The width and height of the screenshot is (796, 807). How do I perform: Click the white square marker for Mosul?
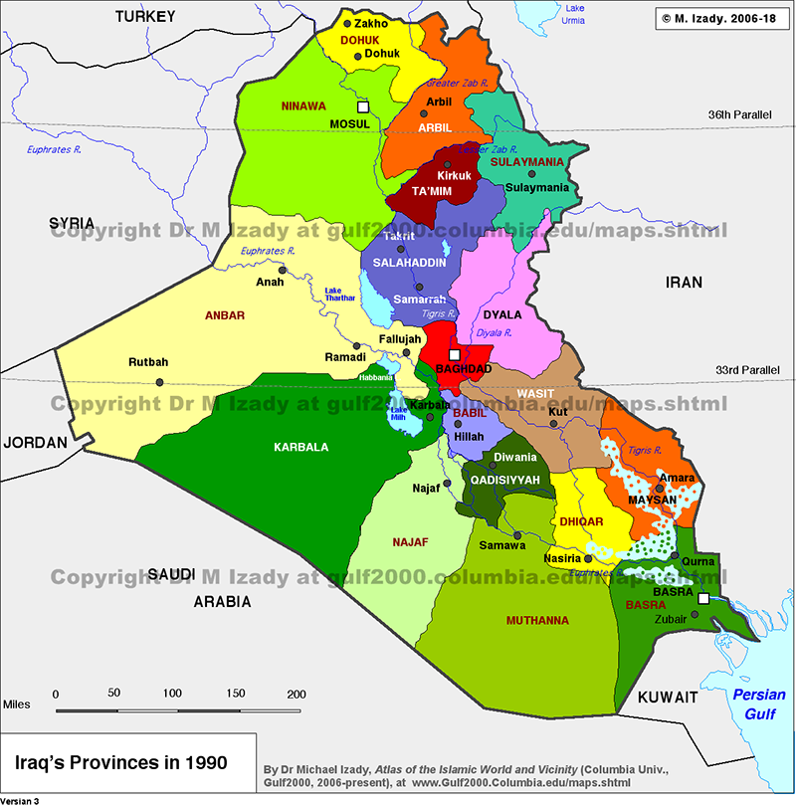363,105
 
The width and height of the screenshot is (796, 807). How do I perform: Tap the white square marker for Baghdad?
454,354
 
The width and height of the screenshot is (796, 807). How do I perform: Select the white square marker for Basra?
703,599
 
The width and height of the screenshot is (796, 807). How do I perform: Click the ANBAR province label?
224,315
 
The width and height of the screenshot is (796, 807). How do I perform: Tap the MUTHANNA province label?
537,620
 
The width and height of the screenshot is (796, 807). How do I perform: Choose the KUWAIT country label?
668,698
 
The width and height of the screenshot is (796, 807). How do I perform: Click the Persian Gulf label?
759,704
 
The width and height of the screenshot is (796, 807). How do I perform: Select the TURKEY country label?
144,16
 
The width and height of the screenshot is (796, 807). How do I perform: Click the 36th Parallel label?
739,114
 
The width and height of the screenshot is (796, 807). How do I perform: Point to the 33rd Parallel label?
747,370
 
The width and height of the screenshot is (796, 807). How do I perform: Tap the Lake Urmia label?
575,14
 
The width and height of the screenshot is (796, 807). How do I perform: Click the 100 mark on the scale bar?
172,693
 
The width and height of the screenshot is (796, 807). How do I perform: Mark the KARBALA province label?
300,447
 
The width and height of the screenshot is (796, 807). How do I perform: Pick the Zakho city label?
371,23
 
